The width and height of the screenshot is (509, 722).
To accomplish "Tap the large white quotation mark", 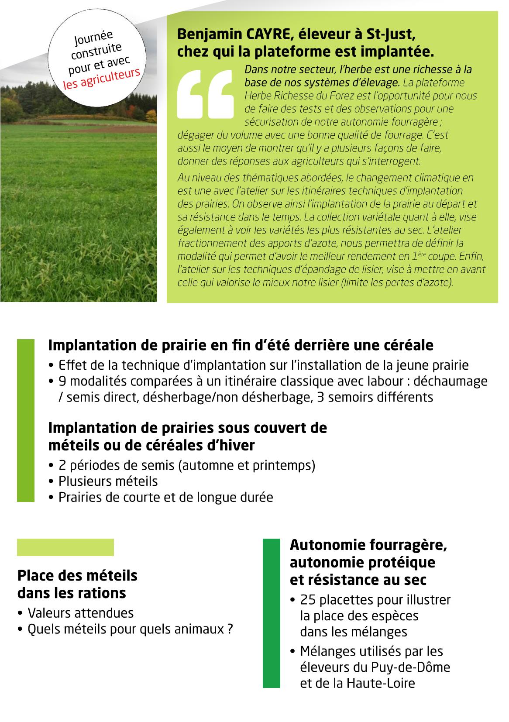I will (x=205, y=94).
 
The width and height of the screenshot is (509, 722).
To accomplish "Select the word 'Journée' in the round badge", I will (x=93, y=38).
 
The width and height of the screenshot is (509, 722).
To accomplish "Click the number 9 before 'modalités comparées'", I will (x=62, y=381).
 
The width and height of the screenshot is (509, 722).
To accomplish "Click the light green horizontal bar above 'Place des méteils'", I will (x=65, y=547).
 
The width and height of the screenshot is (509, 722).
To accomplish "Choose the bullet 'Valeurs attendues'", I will (x=80, y=613).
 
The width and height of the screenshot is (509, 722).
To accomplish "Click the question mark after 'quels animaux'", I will (x=230, y=629).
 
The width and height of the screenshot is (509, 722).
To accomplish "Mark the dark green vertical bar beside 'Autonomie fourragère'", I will (x=271, y=613).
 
